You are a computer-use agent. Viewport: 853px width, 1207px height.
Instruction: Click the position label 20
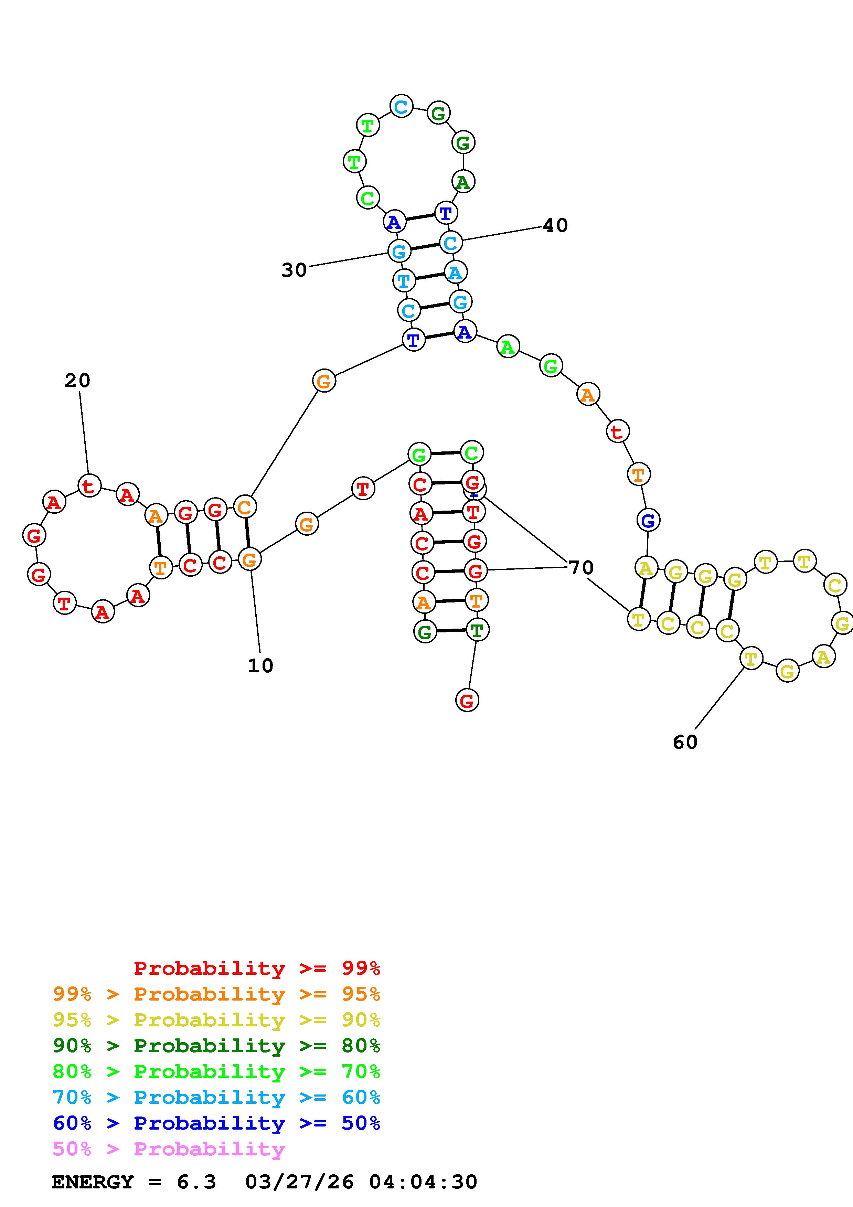pyautogui.click(x=77, y=380)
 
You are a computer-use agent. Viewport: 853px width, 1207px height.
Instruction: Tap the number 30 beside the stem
pyautogui.click(x=294, y=270)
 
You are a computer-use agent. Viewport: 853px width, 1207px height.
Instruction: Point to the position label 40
pyautogui.click(x=555, y=225)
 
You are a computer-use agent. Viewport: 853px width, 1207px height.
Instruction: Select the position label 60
pyautogui.click(x=685, y=742)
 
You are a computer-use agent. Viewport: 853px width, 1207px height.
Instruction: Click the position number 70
pyautogui.click(x=581, y=567)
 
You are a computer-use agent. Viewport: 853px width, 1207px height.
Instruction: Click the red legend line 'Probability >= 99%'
pyautogui.click(x=257, y=968)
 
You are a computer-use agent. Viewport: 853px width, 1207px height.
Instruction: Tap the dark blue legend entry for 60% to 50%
pyautogui.click(x=216, y=1123)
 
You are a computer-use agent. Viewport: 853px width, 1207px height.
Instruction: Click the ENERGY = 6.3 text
pyautogui.click(x=134, y=1182)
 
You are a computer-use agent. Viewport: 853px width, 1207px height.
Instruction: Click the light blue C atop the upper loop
pyautogui.click(x=401, y=107)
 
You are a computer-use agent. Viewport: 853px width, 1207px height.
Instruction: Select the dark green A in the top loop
pyautogui.click(x=462, y=182)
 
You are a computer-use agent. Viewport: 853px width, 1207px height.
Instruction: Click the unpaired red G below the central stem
pyautogui.click(x=467, y=700)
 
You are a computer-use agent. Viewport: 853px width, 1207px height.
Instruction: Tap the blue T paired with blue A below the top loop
pyautogui.click(x=445, y=213)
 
